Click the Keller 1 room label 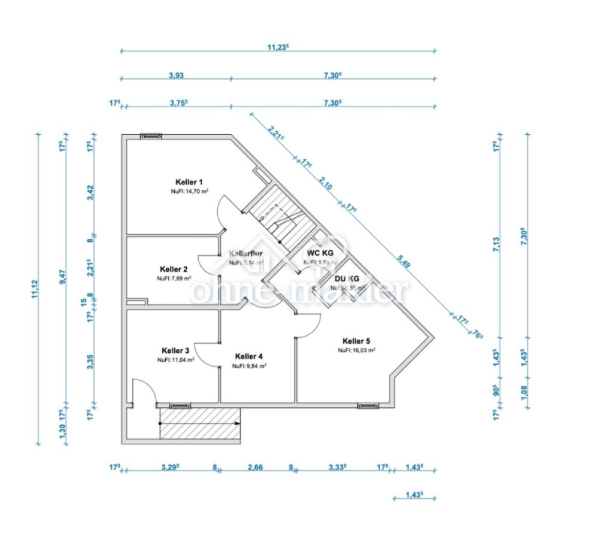[190, 182]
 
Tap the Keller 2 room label [174, 269]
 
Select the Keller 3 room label [175, 351]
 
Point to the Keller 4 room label [249, 356]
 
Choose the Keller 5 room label [356, 341]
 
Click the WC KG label [320, 253]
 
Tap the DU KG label [347, 278]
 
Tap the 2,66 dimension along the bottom [254, 467]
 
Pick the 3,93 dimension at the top [175, 75]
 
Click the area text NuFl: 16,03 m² [356, 350]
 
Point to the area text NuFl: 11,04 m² [175, 361]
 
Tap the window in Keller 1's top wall [151, 136]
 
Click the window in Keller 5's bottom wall [365, 406]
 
